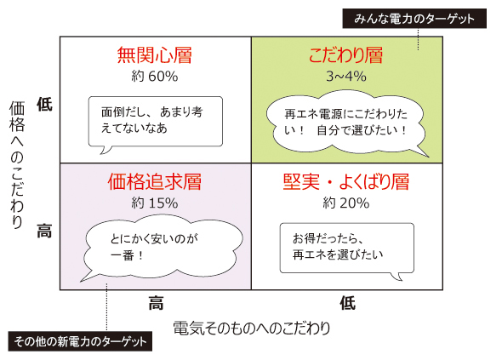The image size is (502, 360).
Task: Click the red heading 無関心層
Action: (x=154, y=55)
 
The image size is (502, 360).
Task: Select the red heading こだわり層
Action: (x=346, y=55)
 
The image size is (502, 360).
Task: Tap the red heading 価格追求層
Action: (x=154, y=181)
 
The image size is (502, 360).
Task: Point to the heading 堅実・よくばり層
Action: (x=346, y=181)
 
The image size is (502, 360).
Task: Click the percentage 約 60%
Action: (x=155, y=77)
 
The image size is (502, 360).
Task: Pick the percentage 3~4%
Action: (x=346, y=77)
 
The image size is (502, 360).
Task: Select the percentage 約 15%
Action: (x=155, y=203)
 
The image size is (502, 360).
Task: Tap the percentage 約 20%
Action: (x=346, y=203)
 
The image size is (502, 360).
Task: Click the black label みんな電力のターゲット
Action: (x=414, y=19)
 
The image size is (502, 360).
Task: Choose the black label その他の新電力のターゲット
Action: (x=80, y=341)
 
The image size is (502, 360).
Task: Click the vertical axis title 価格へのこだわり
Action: (x=17, y=165)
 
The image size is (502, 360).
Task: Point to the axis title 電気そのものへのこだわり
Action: (x=252, y=328)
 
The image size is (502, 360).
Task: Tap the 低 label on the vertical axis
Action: (x=44, y=105)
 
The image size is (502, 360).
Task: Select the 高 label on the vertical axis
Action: (x=44, y=231)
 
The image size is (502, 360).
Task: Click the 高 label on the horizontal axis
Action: (x=156, y=303)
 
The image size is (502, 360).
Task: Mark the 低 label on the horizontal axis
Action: (x=348, y=303)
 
